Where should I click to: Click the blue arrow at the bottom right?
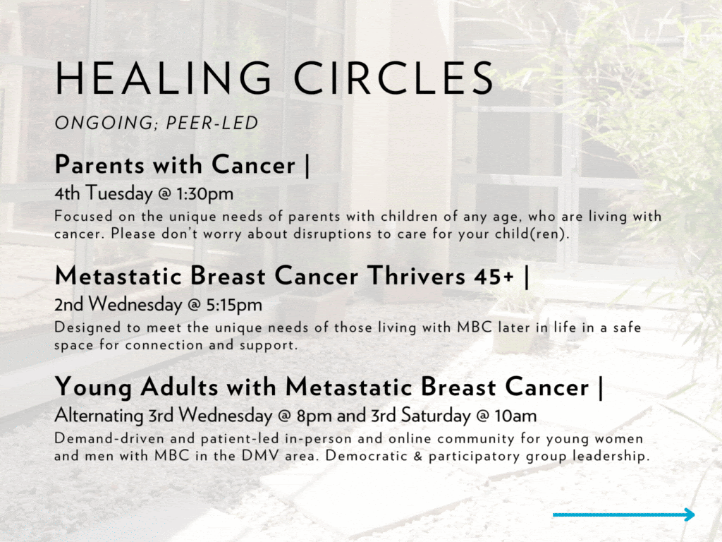click(624, 515)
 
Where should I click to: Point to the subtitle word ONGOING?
click(106, 124)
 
